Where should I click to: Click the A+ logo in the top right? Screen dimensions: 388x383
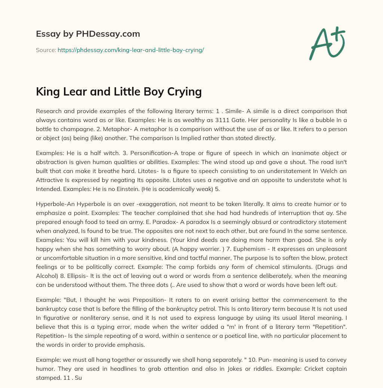327,43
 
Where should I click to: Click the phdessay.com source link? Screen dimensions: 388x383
131,50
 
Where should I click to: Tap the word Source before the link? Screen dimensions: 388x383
46,50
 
